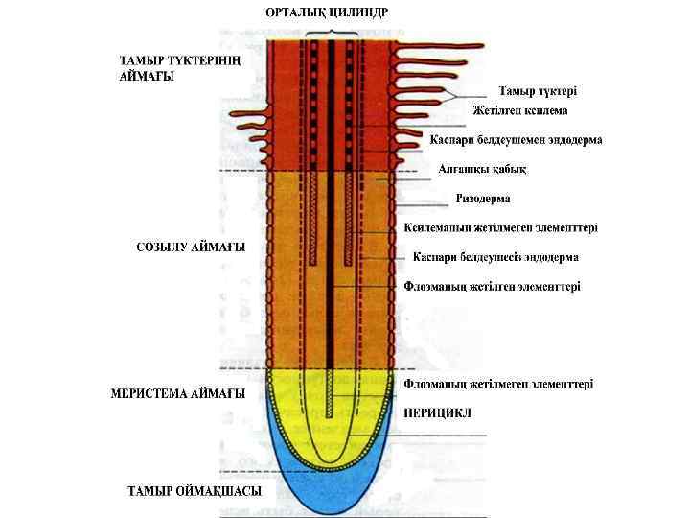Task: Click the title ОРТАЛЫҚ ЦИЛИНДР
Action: click(x=328, y=12)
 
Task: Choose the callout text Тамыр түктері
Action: click(x=537, y=91)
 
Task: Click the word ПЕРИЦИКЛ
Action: click(x=437, y=412)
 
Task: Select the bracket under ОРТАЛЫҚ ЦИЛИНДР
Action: click(x=331, y=33)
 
